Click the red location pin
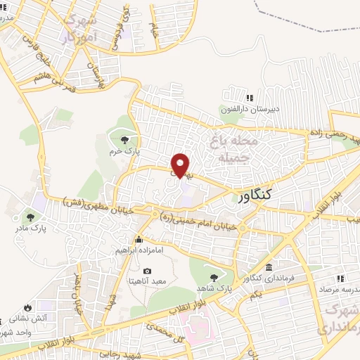point(181,165)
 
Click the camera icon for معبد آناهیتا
point(147,271)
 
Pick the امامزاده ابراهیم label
point(139,250)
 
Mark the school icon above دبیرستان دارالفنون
point(248,98)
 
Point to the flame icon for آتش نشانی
point(27,307)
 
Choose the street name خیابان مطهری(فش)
point(98,206)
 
